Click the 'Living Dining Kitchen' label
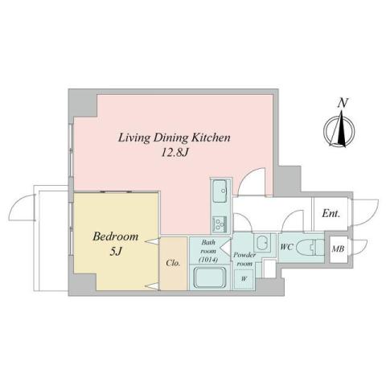click(x=175, y=138)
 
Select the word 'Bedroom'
click(x=116, y=237)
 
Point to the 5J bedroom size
click(x=116, y=252)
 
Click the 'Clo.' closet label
click(x=173, y=262)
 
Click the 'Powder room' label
click(x=244, y=259)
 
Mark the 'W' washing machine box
click(x=244, y=278)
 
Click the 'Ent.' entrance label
click(x=331, y=214)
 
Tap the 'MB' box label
click(x=339, y=250)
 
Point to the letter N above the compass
click(x=343, y=102)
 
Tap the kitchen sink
click(x=220, y=191)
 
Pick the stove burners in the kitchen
click(x=219, y=222)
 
